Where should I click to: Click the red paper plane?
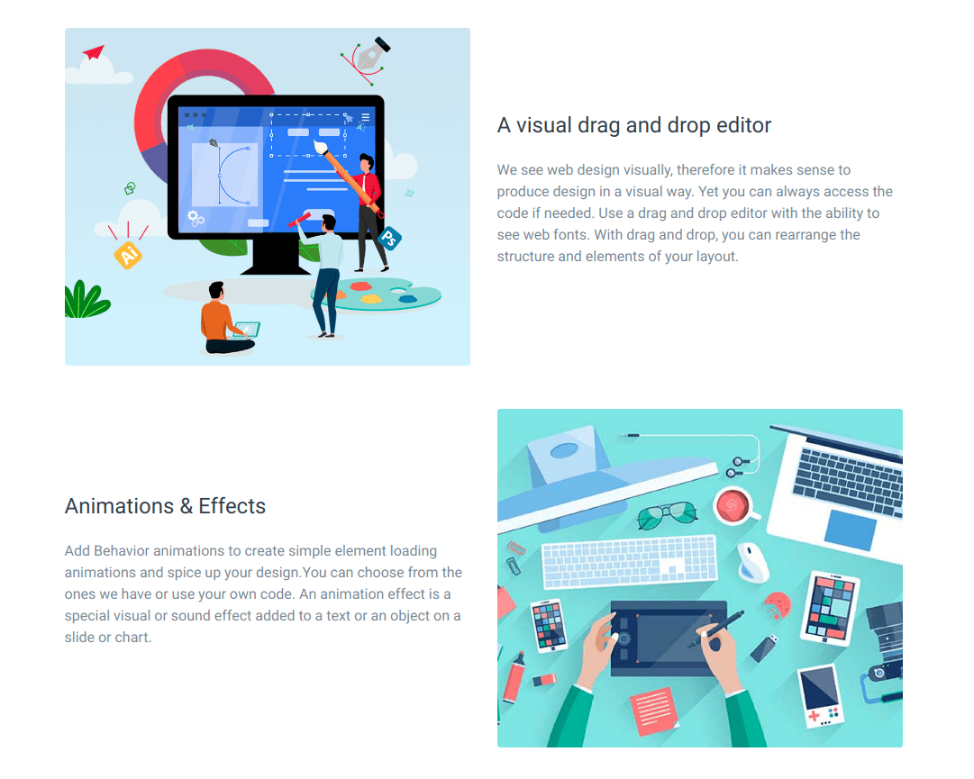(94, 52)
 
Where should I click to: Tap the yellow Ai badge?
(128, 255)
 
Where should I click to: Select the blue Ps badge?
(389, 239)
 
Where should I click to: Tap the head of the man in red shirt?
(367, 163)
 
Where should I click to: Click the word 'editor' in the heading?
(743, 125)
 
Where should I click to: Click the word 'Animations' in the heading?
(119, 506)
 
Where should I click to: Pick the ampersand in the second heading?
(187, 506)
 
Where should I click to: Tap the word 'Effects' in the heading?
(232, 506)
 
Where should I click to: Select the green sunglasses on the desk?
(667, 514)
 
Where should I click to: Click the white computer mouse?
(752, 562)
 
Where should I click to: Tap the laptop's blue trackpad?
(851, 530)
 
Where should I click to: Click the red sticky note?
(654, 710)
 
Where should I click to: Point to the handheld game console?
(821, 696)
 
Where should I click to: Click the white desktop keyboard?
(630, 561)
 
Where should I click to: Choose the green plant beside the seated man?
(86, 300)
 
